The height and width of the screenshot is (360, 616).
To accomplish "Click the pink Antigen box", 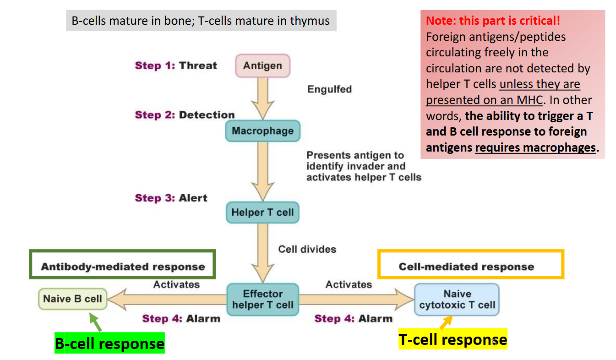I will [x=262, y=65].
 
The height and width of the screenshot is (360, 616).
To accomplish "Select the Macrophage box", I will [x=262, y=131].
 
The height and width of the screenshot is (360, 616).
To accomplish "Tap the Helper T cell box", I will [x=262, y=213].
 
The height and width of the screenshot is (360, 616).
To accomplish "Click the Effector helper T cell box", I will [x=262, y=300].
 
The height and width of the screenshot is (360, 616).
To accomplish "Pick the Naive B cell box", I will [x=72, y=299].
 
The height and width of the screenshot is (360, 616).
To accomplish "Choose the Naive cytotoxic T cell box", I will [x=457, y=300].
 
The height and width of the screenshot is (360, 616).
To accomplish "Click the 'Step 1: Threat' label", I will [x=176, y=65].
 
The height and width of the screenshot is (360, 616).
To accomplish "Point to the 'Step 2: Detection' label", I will [x=185, y=115].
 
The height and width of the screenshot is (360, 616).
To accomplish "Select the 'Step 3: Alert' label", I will [x=171, y=198].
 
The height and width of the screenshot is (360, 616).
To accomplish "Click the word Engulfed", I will [x=329, y=89].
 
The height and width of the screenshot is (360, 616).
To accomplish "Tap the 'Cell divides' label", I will [x=307, y=249].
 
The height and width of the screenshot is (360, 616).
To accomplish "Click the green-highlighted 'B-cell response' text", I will [x=109, y=344].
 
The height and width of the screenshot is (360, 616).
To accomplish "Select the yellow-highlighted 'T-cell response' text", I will [x=452, y=339].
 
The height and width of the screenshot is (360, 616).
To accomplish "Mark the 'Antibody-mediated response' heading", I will [x=123, y=267].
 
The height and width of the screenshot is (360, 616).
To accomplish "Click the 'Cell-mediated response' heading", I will [x=466, y=267].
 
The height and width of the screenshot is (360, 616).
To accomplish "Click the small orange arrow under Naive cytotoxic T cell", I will [x=446, y=322].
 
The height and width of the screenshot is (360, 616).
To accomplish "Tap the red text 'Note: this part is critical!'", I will [x=493, y=21].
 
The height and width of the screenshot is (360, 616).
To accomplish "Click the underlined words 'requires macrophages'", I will [x=535, y=147].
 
